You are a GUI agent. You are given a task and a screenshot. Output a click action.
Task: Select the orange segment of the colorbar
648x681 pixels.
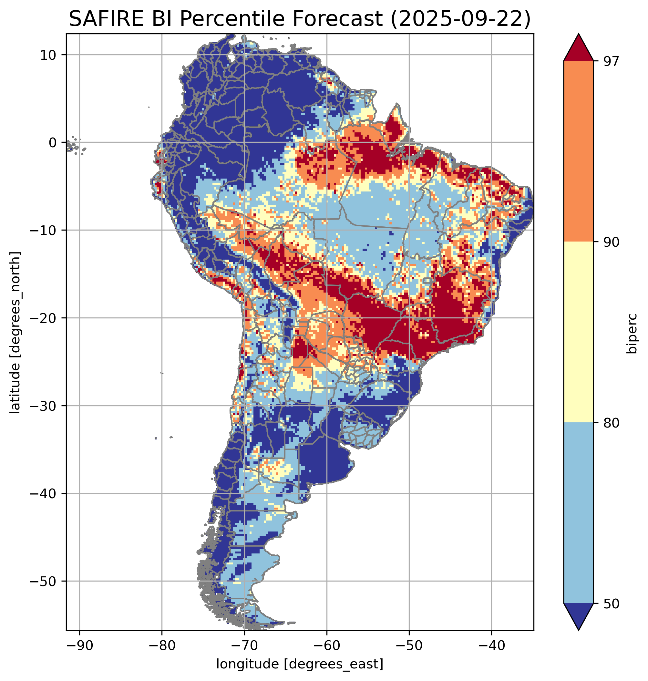coord(579,151)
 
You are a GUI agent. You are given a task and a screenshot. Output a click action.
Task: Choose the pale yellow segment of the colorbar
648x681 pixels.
coord(579,332)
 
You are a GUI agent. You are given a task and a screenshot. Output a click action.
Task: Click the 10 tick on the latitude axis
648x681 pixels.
coord(48,55)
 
